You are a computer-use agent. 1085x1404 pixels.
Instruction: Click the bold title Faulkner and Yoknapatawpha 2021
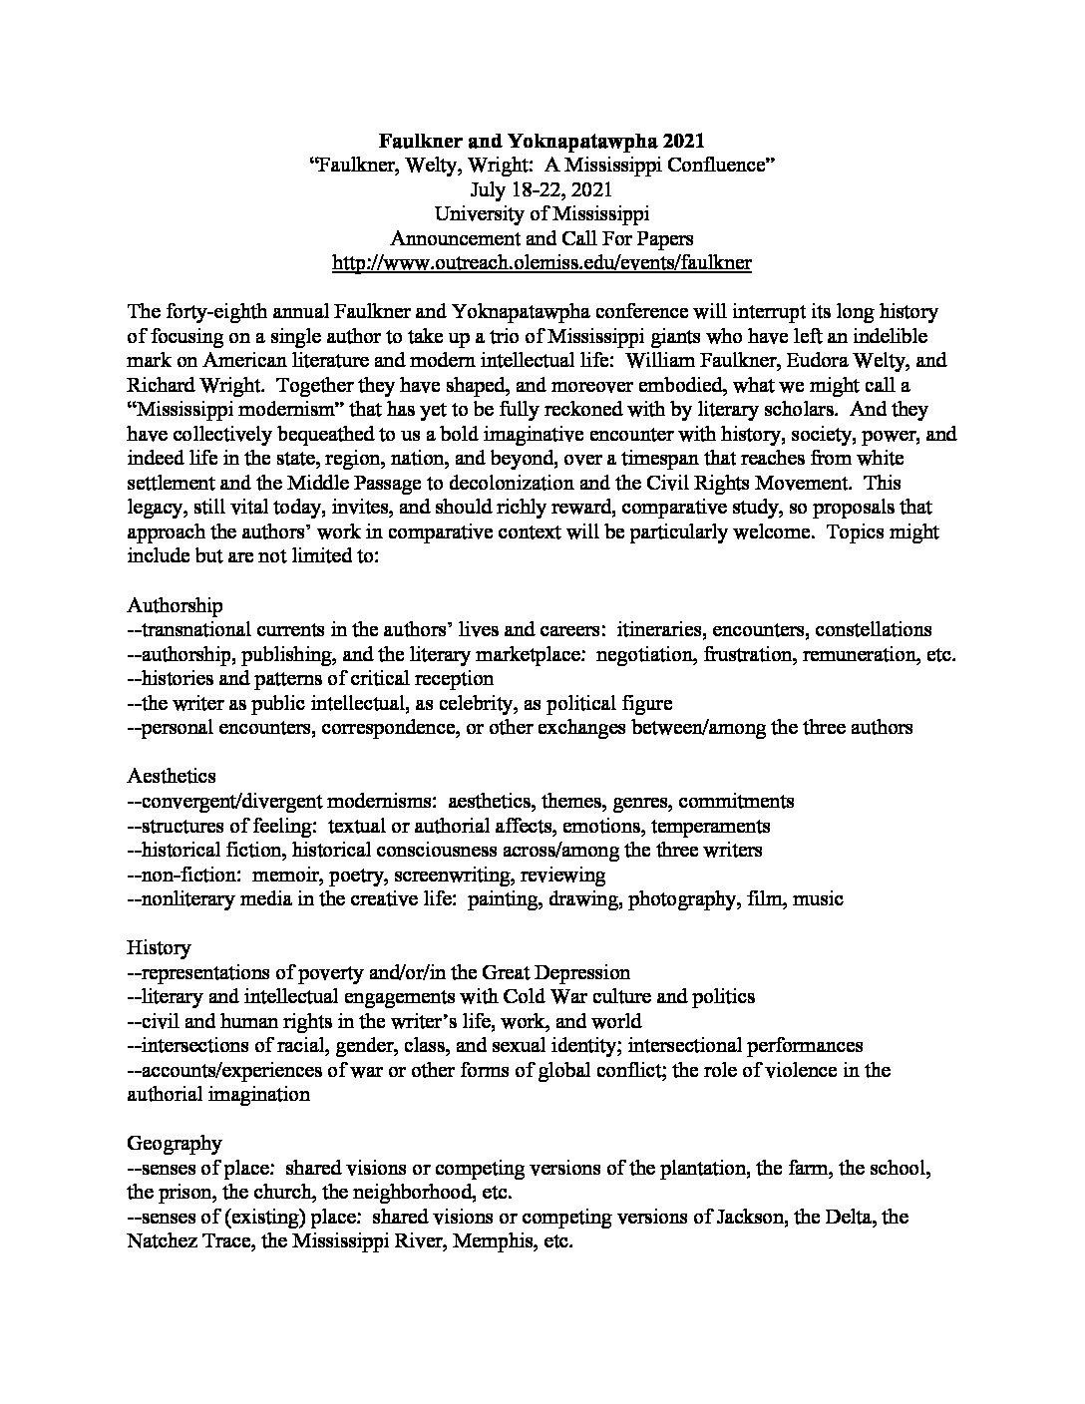[542, 142]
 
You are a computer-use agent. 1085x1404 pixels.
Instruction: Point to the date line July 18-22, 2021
[542, 189]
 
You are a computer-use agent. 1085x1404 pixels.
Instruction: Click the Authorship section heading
[175, 605]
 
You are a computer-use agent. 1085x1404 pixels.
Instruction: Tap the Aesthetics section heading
[172, 776]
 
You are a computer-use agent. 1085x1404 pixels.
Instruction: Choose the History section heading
[159, 947]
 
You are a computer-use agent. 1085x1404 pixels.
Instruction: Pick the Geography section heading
[175, 1143]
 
